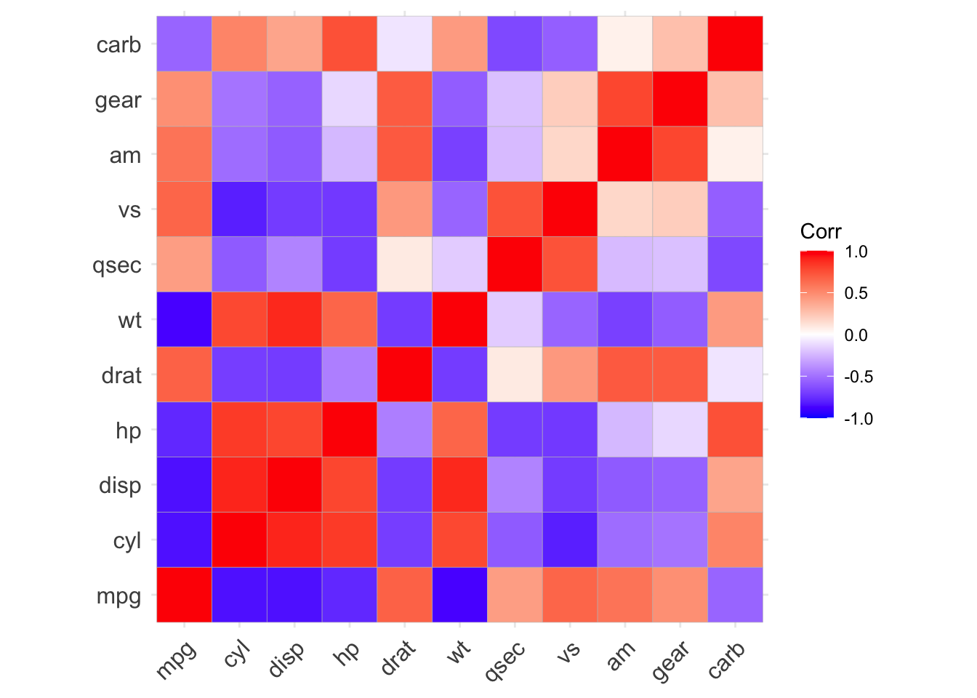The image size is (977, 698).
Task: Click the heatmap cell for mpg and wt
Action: (x=459, y=595)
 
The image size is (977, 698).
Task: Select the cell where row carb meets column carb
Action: (x=735, y=44)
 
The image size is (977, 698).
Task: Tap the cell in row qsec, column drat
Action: (x=404, y=265)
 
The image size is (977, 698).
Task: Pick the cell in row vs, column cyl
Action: (x=239, y=209)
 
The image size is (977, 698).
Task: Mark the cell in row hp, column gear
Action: (x=680, y=430)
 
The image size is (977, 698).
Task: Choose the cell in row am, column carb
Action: (x=735, y=154)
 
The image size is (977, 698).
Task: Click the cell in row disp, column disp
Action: (x=294, y=485)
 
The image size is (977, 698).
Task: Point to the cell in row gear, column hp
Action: (x=349, y=100)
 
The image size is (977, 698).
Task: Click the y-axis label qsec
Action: (x=117, y=265)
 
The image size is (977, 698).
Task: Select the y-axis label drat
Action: (x=121, y=375)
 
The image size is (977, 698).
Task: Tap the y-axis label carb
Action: (x=118, y=45)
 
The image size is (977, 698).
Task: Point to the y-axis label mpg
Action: (x=118, y=596)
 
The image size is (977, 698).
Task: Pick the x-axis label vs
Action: (x=568, y=649)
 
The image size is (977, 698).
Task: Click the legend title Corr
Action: (x=820, y=232)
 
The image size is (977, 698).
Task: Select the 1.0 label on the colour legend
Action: (x=858, y=252)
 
